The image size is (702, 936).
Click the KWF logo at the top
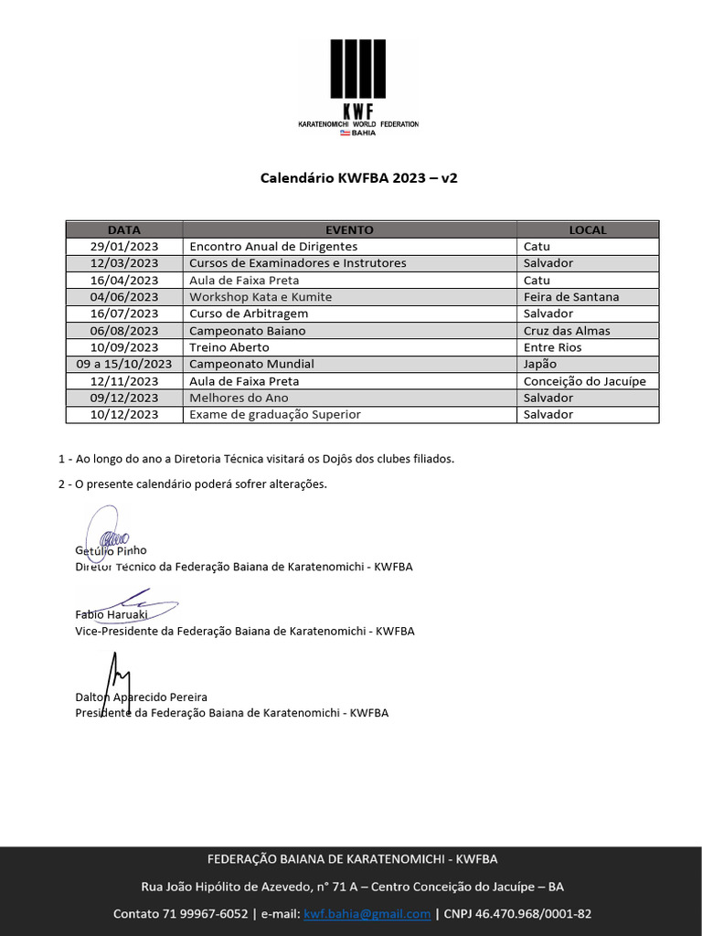[x=359, y=87]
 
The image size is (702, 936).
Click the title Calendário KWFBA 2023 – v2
[x=359, y=178]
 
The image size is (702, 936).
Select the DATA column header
[x=124, y=230]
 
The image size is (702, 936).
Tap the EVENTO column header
[x=349, y=230]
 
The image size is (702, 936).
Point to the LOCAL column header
[x=587, y=230]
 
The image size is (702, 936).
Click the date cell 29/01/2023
[x=124, y=247]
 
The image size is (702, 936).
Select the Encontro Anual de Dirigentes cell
[x=273, y=247]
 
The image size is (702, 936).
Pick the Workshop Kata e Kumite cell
[x=261, y=297]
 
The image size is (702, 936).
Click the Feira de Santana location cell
[x=571, y=297]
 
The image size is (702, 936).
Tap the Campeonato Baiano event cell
[x=248, y=331]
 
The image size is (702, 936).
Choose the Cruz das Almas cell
[x=567, y=331]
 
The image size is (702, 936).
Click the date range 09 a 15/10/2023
[x=124, y=364]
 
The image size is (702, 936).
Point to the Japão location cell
[x=540, y=364]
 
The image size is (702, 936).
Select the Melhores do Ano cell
[x=239, y=398]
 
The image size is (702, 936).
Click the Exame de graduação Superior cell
[x=275, y=414]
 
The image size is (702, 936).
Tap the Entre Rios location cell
[x=553, y=347]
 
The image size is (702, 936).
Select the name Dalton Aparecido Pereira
[x=141, y=697]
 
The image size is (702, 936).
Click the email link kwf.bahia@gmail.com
[x=367, y=914]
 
